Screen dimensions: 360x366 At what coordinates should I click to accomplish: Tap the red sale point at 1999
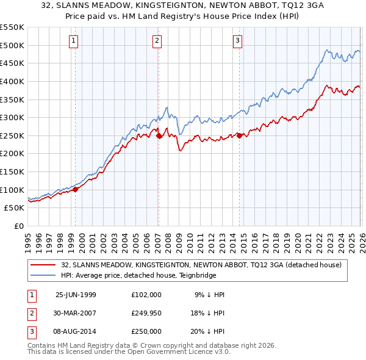76,189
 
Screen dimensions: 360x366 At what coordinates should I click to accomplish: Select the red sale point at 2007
159,136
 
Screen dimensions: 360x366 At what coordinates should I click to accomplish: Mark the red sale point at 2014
239,135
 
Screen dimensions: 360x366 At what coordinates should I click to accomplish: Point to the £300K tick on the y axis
12,117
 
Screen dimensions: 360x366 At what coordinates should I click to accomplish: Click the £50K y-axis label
15,208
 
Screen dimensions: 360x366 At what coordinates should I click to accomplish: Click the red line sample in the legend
44,265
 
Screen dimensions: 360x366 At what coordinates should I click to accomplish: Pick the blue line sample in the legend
44,275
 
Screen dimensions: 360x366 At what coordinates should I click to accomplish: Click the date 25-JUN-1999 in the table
76,294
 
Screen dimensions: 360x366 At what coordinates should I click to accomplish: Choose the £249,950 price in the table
146,312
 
